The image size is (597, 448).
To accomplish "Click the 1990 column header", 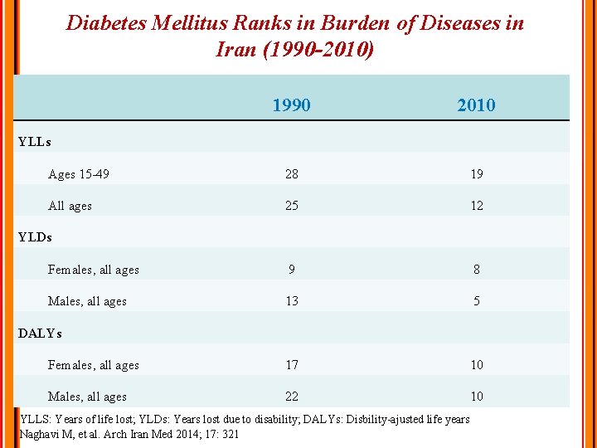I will (291, 105).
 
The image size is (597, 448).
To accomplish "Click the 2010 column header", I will (476, 105).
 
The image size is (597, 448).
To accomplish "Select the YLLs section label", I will (34, 142).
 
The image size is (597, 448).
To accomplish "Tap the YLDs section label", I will (35, 237).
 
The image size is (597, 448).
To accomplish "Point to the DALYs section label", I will (40, 333).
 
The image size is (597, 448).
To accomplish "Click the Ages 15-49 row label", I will (79, 174).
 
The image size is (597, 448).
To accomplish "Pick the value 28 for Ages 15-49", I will (291, 174).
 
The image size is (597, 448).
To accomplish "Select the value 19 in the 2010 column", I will (476, 174).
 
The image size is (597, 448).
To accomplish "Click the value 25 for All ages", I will (291, 206).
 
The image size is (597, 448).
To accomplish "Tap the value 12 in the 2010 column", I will (476, 206).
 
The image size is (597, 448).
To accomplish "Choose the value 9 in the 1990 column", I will (291, 270).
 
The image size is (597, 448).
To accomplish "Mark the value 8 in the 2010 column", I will (476, 270).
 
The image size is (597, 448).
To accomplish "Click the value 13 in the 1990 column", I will (291, 301).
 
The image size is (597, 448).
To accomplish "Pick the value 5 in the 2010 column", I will (476, 301).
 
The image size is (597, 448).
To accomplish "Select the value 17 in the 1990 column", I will (291, 365).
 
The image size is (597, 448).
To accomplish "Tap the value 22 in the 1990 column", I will (291, 397).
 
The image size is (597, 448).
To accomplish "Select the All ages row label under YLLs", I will (70, 206).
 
